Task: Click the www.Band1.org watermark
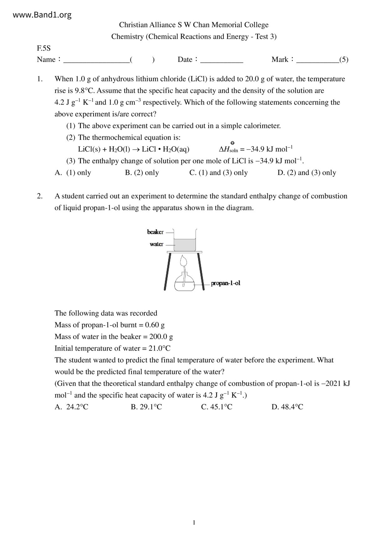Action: click(x=42, y=15)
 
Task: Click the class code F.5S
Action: click(x=43, y=48)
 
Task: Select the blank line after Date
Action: click(x=222, y=60)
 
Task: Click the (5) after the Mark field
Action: click(x=344, y=60)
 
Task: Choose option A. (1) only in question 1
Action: click(x=73, y=173)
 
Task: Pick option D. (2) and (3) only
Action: click(x=307, y=173)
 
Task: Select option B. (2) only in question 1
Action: click(x=142, y=173)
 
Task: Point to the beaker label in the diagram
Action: click(x=155, y=232)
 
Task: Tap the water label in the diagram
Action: click(x=156, y=244)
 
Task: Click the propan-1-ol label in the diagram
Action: click(x=226, y=283)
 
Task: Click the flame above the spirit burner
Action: click(x=184, y=260)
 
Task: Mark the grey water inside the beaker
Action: click(x=185, y=245)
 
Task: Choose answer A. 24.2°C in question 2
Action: click(x=72, y=407)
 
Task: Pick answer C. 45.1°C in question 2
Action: click(x=217, y=407)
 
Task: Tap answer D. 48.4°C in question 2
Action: click(x=287, y=407)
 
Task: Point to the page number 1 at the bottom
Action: click(x=194, y=523)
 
